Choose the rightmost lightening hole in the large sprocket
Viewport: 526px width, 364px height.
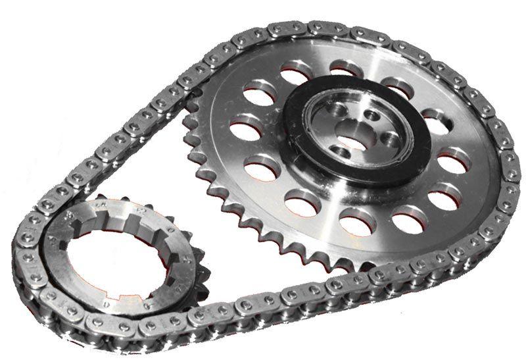click(x=454, y=162)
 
